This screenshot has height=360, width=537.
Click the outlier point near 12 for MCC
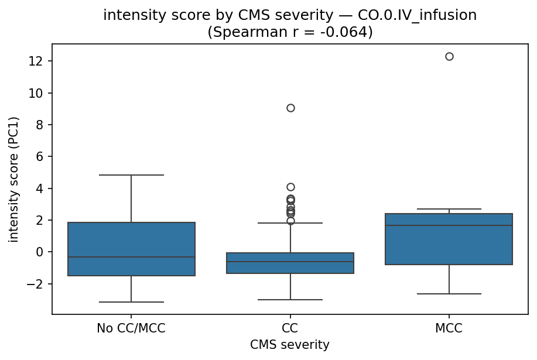[x=449, y=57]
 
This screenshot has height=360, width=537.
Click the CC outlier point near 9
[x=290, y=108]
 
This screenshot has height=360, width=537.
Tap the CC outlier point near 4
[x=290, y=187]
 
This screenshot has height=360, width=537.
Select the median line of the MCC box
[x=449, y=225]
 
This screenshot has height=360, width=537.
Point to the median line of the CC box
[x=290, y=262]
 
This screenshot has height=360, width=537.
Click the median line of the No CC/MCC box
[x=131, y=257]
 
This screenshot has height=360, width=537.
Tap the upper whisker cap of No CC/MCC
[x=131, y=175]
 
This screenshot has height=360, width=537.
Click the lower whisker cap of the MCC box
[x=449, y=294]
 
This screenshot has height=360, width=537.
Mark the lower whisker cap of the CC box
[x=290, y=300]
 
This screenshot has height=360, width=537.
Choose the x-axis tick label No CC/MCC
[x=131, y=329]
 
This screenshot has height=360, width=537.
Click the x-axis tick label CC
[x=290, y=329]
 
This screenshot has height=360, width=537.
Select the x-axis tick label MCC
[x=449, y=329]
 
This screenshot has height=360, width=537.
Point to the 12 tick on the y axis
[x=40, y=61]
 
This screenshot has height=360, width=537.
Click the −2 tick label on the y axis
[x=37, y=284]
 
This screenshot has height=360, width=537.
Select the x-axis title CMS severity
[x=290, y=345]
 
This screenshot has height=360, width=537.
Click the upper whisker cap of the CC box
[x=290, y=223]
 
